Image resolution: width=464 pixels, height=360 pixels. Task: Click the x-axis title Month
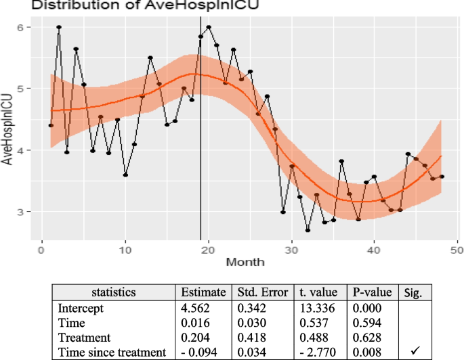(x=245, y=261)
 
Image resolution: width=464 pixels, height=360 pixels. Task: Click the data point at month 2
(x=59, y=27)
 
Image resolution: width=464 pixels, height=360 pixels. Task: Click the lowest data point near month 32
(x=308, y=231)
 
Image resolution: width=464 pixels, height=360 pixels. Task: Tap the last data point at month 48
(x=442, y=177)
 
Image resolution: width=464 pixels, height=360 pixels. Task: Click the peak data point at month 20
(x=209, y=27)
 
